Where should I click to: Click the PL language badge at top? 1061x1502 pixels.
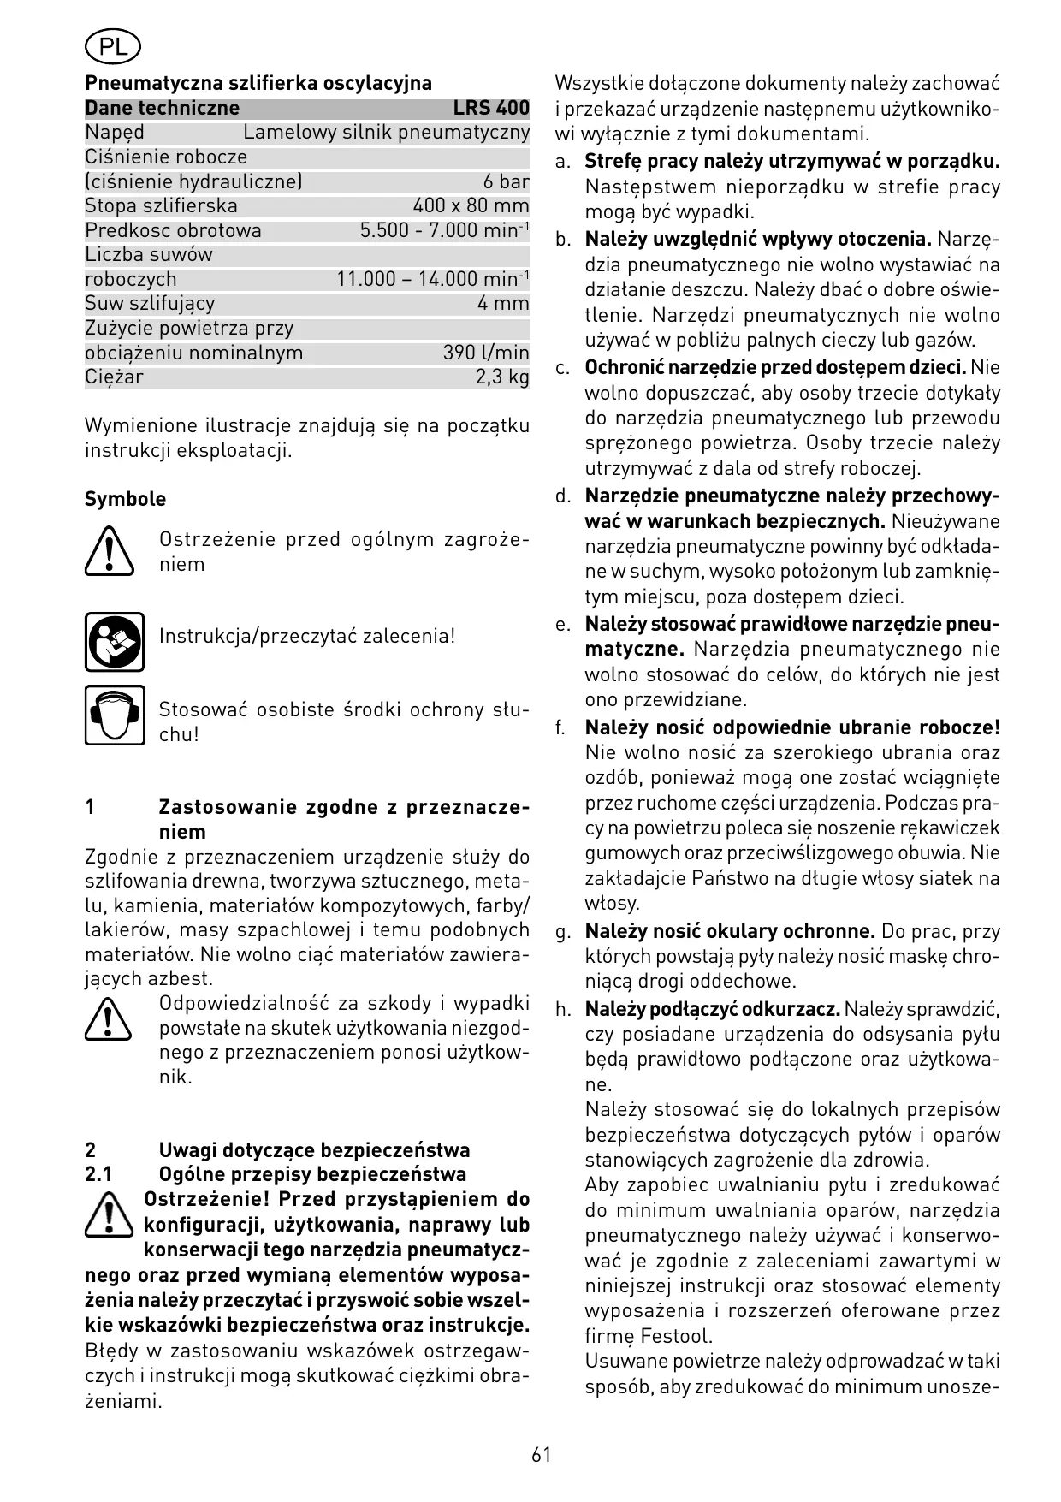tap(113, 48)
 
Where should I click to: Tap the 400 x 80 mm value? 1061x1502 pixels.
tap(471, 206)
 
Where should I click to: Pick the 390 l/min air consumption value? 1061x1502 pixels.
tap(486, 353)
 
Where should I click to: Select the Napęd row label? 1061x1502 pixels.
tap(115, 133)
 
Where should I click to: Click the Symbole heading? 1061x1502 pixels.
tap(125, 499)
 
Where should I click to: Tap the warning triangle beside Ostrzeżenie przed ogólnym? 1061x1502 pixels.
tap(110, 552)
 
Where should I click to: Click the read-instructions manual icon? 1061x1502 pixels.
tap(115, 642)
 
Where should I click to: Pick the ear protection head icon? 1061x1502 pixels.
tap(115, 715)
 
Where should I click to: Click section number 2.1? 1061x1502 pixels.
tap(98, 1174)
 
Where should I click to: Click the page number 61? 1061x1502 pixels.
tap(541, 1455)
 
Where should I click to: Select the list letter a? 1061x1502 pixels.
tap(562, 162)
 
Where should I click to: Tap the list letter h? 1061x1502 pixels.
tap(562, 1010)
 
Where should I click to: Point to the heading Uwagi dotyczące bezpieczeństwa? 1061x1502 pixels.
tap(314, 1149)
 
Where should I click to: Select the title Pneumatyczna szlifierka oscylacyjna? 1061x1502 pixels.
tap(258, 83)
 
